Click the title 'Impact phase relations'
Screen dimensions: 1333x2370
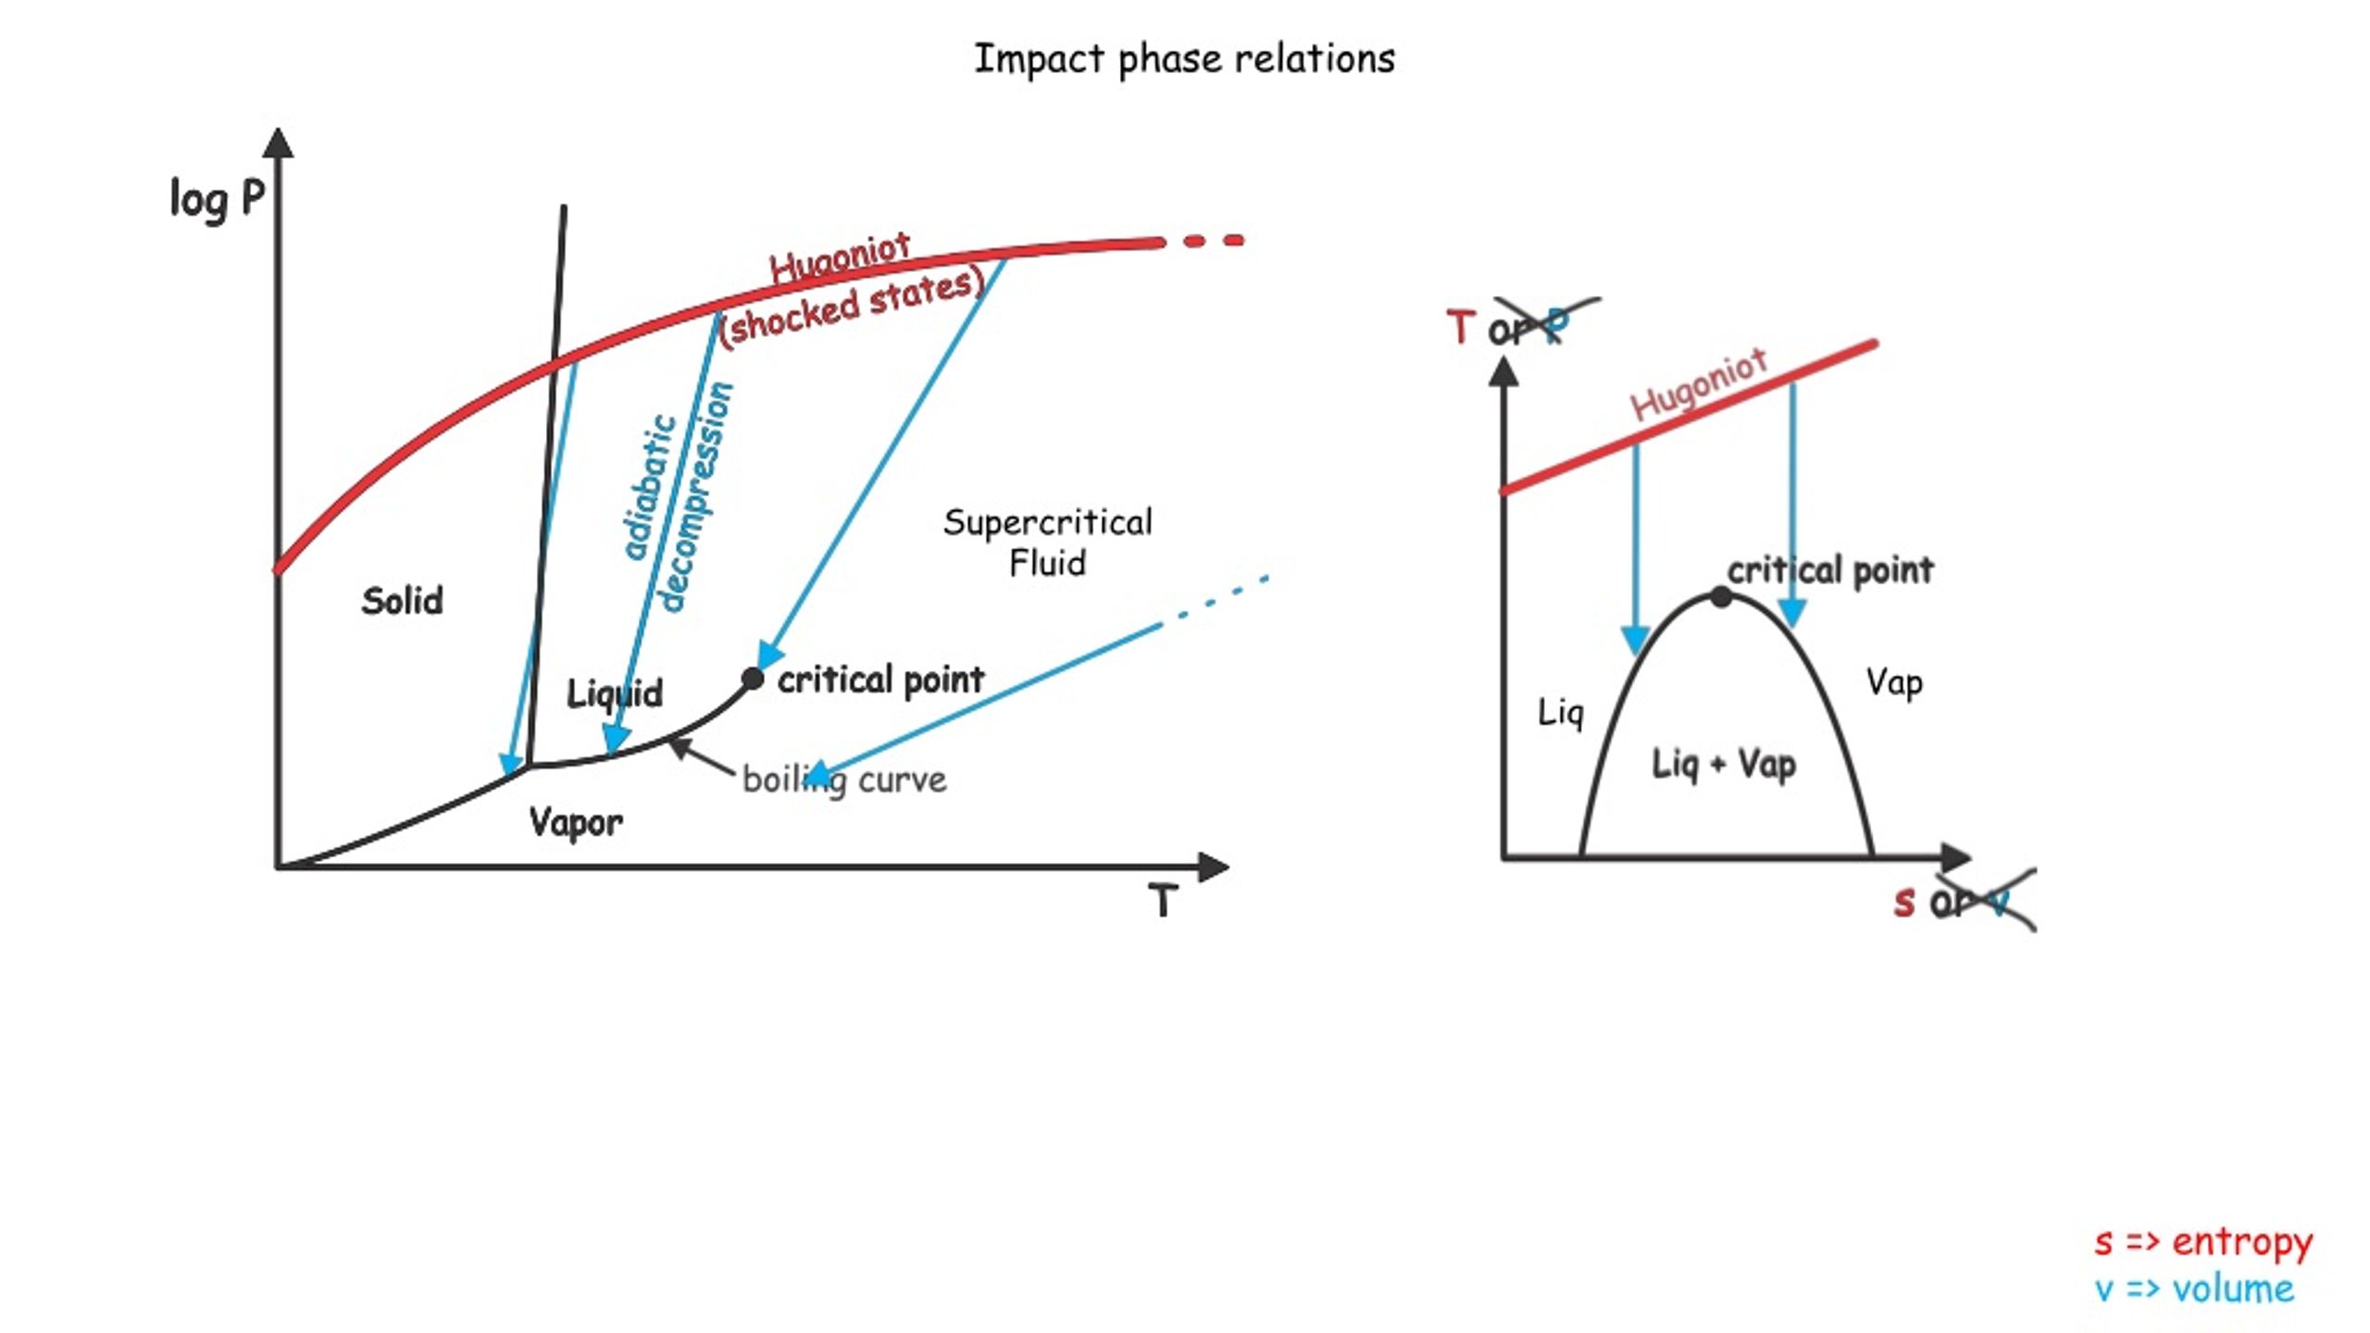coord(1184,59)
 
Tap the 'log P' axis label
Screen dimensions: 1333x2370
coord(217,199)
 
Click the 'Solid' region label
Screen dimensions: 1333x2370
coord(402,601)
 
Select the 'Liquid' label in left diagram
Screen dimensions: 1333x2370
coord(615,692)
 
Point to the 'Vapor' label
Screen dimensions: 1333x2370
coord(575,821)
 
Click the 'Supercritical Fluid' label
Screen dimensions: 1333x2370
coord(1047,542)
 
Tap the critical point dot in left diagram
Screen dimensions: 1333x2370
coord(753,679)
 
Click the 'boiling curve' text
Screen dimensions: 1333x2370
coord(844,780)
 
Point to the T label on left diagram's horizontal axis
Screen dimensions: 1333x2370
coord(1163,900)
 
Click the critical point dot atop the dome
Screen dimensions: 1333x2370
coord(1721,597)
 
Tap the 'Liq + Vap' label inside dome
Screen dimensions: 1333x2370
coord(1724,765)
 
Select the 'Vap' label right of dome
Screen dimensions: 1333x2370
coord(1894,682)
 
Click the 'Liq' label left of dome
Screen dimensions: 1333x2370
coord(1561,712)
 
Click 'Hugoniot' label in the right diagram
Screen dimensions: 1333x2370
coord(1699,384)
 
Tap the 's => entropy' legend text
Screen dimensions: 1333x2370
coord(2203,1241)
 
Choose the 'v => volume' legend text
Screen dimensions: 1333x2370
coord(2194,1289)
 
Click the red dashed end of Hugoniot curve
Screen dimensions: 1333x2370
coord(1213,241)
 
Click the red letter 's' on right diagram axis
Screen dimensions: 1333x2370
coord(1903,901)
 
